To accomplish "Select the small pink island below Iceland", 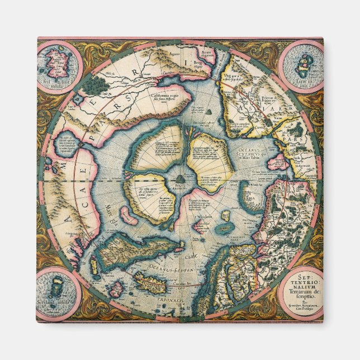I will [116, 289].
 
